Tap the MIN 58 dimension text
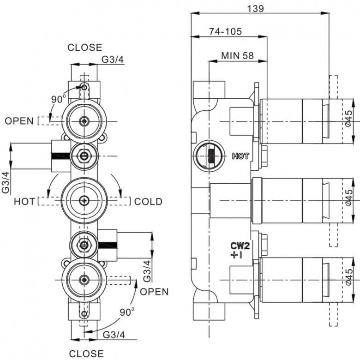pyautogui.click(x=237, y=55)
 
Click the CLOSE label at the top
pyautogui.click(x=85, y=47)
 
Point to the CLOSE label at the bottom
pyautogui.click(x=86, y=354)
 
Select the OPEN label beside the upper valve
pyautogui.click(x=19, y=121)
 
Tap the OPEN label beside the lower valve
pyautogui.click(x=154, y=292)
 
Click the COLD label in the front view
pyautogui.click(x=148, y=202)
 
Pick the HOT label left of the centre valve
pyautogui.click(x=24, y=202)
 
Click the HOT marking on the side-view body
pyautogui.click(x=240, y=156)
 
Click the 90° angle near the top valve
pyautogui.click(x=58, y=99)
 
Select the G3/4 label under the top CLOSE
pyautogui.click(x=113, y=60)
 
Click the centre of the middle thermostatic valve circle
pyautogui.click(x=84, y=201)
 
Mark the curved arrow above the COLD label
pyautogui.click(x=117, y=184)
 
